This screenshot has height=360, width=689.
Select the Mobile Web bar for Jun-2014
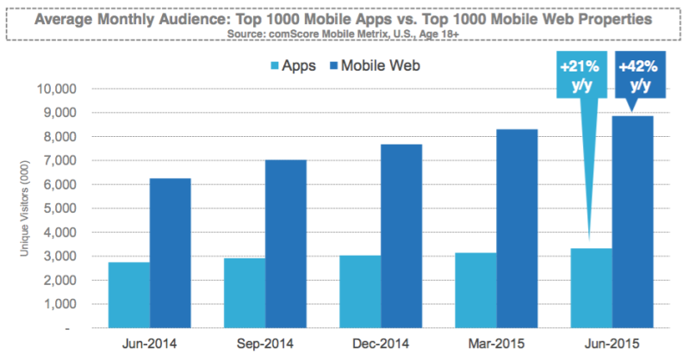pyautogui.click(x=171, y=253)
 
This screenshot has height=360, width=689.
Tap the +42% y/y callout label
pyautogui.click(x=639, y=78)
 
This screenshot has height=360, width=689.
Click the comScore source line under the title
pyautogui.click(x=344, y=33)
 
